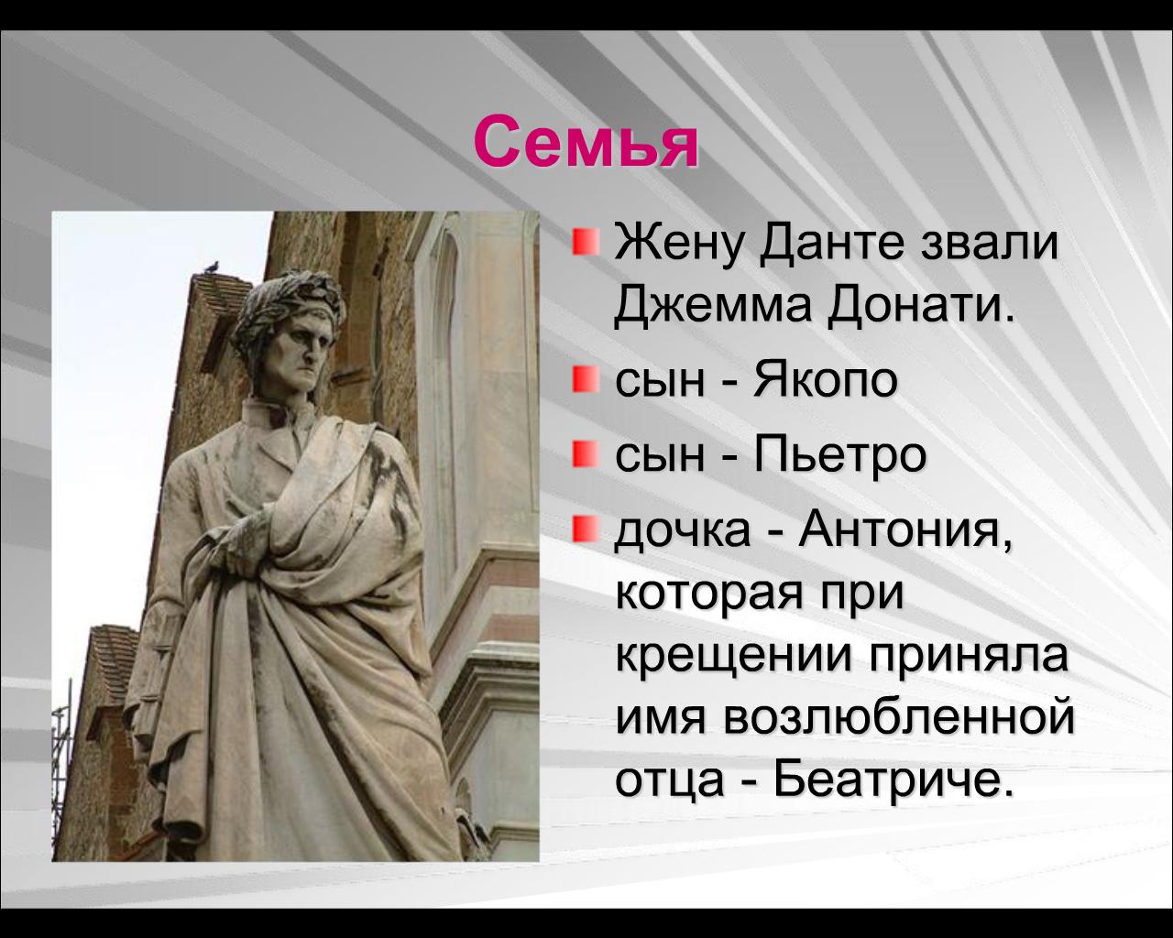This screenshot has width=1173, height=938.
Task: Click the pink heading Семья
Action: point(586,143)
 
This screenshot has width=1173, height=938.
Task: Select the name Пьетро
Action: point(839,455)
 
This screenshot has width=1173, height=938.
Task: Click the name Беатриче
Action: point(886,781)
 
